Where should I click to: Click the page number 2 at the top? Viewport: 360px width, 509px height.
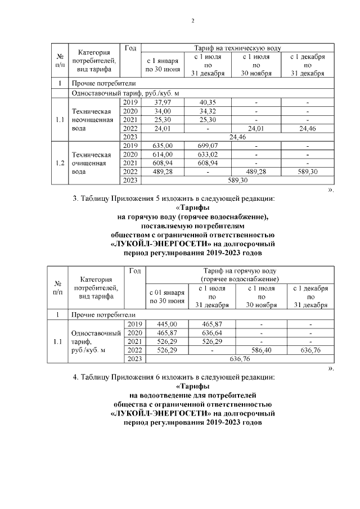[193, 21]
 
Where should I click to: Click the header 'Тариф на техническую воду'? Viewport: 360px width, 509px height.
[237, 48]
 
